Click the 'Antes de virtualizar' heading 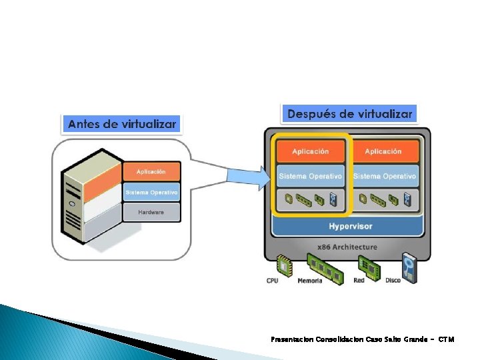tap(121, 124)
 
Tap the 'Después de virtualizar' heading tap(349, 114)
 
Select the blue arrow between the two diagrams tap(245, 175)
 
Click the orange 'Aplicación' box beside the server tap(151, 172)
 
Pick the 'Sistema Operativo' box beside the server tap(151, 193)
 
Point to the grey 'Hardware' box tap(151, 212)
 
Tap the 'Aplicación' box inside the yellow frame tap(310, 151)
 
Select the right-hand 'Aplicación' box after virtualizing tap(383, 151)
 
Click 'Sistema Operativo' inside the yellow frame tap(310, 176)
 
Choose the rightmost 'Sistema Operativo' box tap(384, 176)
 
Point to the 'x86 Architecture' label tap(348, 247)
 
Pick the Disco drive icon tap(409, 267)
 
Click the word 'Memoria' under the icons tap(311, 281)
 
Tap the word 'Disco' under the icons tap(393, 281)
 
